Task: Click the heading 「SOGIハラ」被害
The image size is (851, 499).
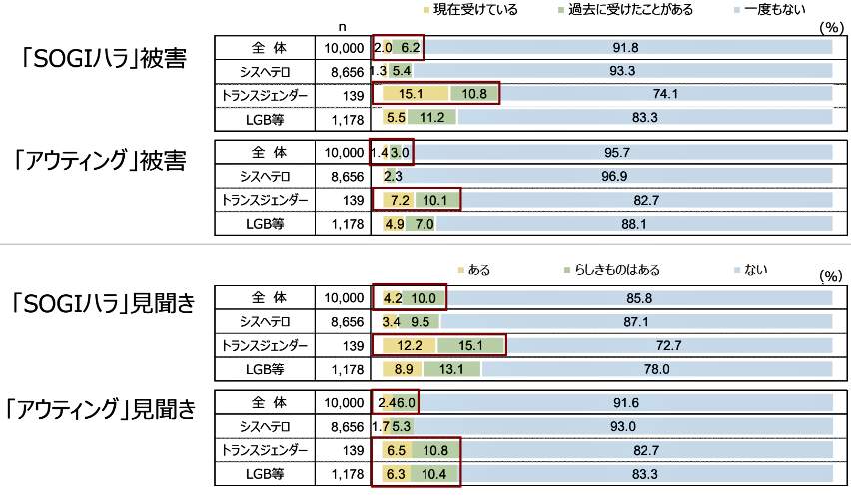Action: (105, 59)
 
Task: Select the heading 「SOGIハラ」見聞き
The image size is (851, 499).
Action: (105, 304)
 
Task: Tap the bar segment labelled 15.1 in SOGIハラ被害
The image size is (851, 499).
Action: (412, 94)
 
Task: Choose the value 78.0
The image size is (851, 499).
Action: (655, 369)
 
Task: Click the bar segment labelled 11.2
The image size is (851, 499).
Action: (431, 117)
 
